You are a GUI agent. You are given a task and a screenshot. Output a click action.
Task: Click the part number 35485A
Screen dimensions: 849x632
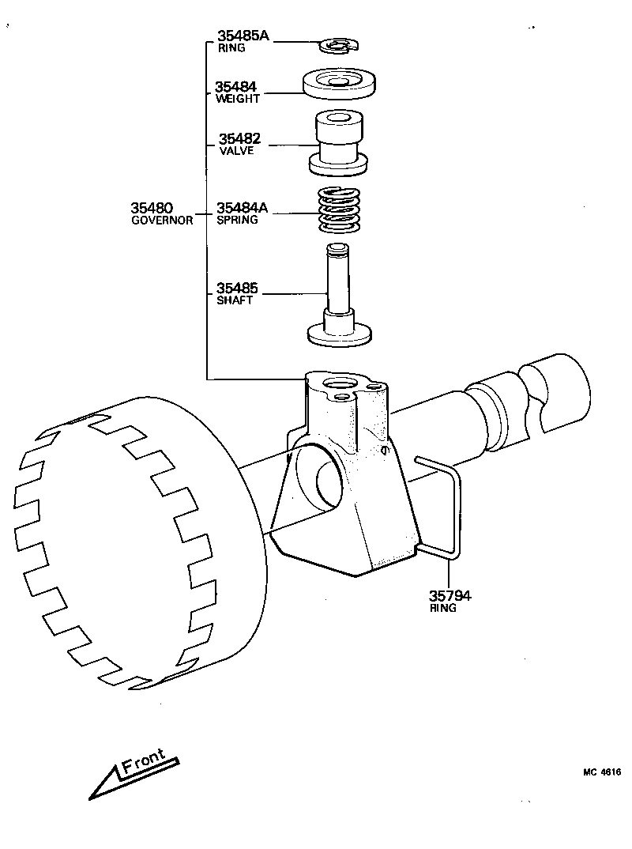(x=243, y=36)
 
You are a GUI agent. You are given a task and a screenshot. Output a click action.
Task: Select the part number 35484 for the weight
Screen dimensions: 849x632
(x=235, y=87)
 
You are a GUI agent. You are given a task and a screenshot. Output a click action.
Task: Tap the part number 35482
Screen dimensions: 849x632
(x=239, y=139)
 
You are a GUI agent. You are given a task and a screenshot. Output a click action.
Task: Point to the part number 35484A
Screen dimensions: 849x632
(x=243, y=208)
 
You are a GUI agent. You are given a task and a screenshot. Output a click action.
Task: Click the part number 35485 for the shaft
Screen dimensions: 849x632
(x=238, y=289)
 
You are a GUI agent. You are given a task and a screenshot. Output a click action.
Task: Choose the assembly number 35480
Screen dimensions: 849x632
(x=152, y=208)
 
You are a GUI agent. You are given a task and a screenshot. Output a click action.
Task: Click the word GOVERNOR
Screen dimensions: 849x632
(x=161, y=221)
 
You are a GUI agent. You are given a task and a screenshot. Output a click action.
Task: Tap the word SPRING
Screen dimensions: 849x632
(x=237, y=221)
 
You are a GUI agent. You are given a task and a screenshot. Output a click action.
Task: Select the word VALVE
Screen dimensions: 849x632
(x=235, y=151)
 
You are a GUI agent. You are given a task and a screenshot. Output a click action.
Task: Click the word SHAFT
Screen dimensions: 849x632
(x=234, y=301)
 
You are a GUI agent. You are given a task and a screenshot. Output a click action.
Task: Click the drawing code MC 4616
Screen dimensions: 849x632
(x=603, y=772)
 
